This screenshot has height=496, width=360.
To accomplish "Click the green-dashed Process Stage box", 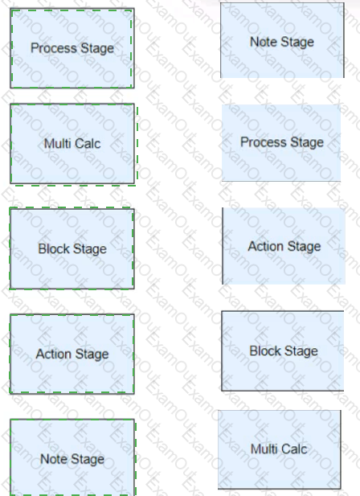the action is (72, 48).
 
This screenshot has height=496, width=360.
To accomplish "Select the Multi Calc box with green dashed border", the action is (72, 144).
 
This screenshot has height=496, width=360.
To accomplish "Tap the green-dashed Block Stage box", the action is (72, 248).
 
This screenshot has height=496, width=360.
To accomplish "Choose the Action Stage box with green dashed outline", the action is (72, 354).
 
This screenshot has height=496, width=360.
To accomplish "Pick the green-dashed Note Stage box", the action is (72, 457).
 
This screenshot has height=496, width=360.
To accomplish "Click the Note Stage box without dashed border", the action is (282, 40).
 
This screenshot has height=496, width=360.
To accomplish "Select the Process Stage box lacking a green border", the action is (281, 142).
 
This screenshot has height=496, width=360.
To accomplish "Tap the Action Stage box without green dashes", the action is (284, 246).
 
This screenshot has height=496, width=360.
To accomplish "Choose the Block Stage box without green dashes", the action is (283, 350).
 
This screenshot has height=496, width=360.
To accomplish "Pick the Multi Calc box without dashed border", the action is (280, 449).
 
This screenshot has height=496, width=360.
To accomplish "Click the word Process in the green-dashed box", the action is (54, 48).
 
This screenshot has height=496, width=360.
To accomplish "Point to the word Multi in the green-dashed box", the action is (57, 144).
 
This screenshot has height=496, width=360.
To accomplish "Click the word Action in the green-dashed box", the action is (53, 354).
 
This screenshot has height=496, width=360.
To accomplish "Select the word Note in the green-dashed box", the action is (52, 459).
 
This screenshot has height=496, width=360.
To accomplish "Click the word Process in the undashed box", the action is (264, 142).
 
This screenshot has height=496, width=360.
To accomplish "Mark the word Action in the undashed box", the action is (266, 246).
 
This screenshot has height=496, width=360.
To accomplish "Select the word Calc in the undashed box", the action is (294, 449).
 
